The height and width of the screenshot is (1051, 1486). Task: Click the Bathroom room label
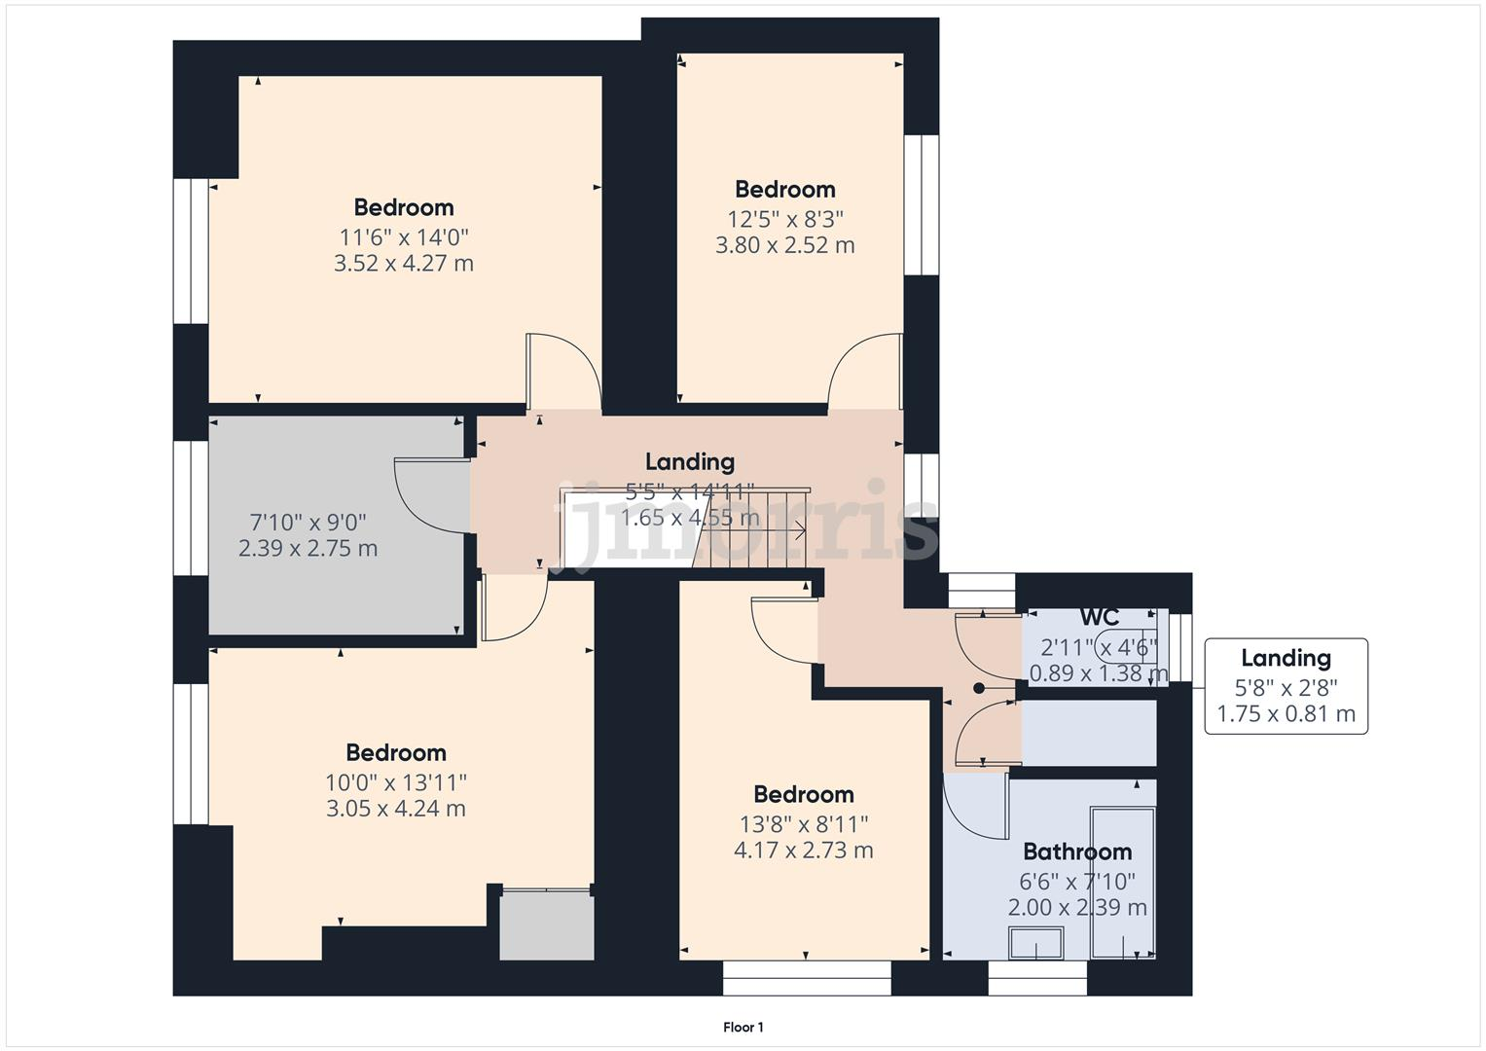pos(1077,852)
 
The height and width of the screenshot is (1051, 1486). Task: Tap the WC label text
pos(1099,617)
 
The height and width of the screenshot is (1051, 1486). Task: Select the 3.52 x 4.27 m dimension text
pos(403,264)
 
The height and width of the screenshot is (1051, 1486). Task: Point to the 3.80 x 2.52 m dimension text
pos(784,245)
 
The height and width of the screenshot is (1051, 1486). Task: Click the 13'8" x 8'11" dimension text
pos(803,824)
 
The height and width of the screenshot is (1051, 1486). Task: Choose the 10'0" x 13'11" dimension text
pos(395,782)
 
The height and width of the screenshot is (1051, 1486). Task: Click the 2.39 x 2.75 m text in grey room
pos(308,549)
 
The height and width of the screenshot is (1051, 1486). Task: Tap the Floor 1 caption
pos(743,1027)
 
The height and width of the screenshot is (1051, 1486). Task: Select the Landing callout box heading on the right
pos(1286,658)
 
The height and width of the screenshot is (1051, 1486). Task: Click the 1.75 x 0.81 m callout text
pos(1286,714)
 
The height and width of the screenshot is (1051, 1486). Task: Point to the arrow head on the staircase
pos(800,530)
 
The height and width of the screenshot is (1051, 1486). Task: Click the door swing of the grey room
pos(428,496)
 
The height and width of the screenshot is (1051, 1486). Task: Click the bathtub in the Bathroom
pos(1123,882)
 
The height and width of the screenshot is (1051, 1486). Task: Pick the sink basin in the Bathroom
pos(1036,943)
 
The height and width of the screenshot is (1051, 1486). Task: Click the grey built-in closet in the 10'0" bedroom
pos(546,925)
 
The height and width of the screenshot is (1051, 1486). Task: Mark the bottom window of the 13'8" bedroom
pos(806,978)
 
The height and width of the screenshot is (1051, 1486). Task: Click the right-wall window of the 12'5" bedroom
pos(921,204)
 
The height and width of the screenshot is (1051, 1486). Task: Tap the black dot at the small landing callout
pos(979,689)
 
